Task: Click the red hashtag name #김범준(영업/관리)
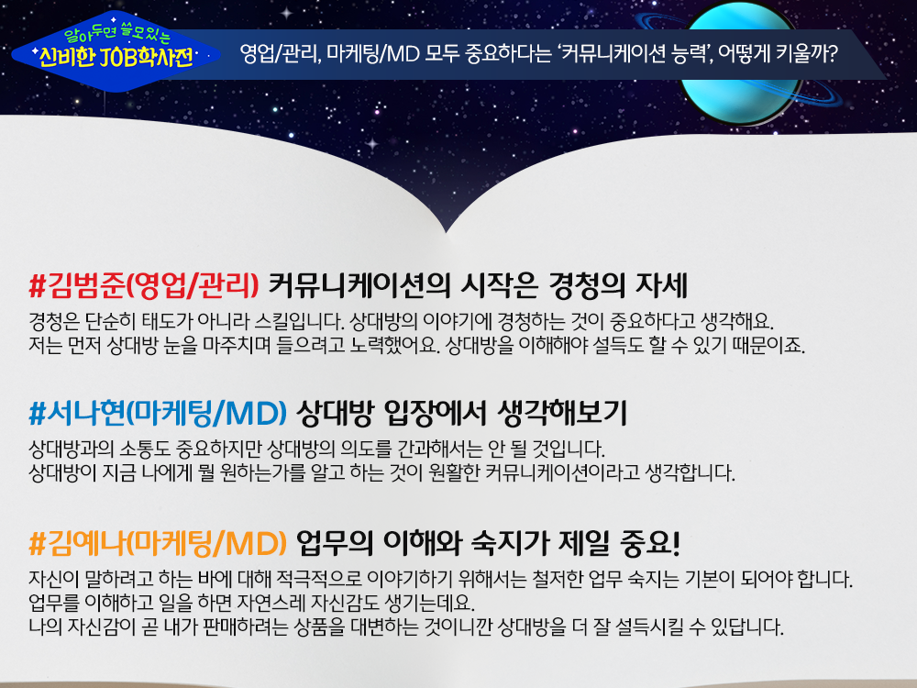click(144, 286)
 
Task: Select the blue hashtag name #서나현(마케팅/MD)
click(158, 413)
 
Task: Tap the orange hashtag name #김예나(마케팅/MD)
click(158, 543)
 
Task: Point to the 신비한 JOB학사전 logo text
click(116, 57)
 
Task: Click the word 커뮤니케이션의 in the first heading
click(359, 286)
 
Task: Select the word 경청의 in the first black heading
click(587, 286)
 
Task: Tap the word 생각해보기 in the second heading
click(562, 413)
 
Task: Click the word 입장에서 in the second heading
click(435, 413)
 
